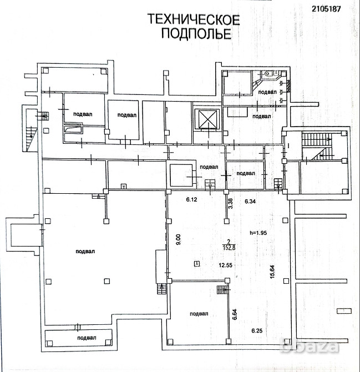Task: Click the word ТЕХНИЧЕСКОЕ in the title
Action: (x=193, y=21)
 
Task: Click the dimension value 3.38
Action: (x=230, y=203)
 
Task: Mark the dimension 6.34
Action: (x=250, y=201)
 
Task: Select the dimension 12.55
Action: (x=225, y=265)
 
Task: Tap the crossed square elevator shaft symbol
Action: (x=206, y=118)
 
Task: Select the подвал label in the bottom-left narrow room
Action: (x=87, y=338)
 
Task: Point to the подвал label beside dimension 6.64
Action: (x=199, y=314)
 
